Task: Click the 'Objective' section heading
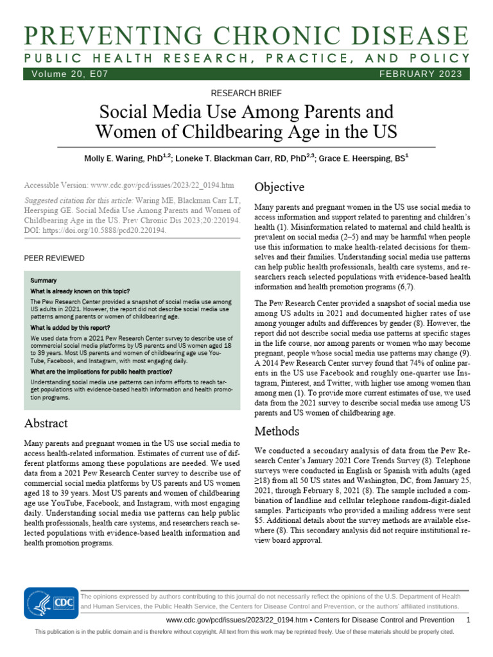(x=279, y=187)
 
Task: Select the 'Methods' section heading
(x=277, y=430)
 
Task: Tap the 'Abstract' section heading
(x=46, y=423)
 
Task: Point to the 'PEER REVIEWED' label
(x=54, y=258)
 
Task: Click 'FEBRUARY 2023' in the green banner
(x=420, y=74)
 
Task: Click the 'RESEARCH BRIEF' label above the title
(x=246, y=94)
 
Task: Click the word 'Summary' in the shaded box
(x=44, y=280)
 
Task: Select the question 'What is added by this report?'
(x=70, y=327)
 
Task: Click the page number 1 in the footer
(x=468, y=620)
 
